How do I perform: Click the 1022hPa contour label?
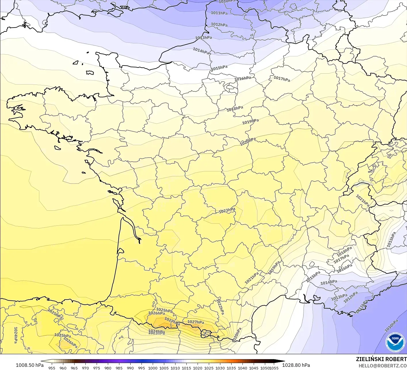coord(220,307)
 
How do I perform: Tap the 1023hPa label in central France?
coord(227,210)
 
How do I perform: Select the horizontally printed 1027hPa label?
coord(196,322)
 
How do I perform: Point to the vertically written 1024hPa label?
coord(16,335)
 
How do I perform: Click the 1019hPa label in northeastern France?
coord(250,122)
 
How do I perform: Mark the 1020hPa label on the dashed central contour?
coord(248,141)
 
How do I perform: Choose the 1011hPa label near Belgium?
coord(219,13)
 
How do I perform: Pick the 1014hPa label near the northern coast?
coord(201,51)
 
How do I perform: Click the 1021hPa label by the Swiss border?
coord(362,201)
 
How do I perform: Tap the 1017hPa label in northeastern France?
coord(282,78)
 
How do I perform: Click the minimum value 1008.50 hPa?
coord(30,365)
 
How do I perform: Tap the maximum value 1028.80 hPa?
coord(296,365)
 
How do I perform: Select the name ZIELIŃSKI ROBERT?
coord(381,359)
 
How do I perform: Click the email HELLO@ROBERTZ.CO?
coord(383,366)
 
